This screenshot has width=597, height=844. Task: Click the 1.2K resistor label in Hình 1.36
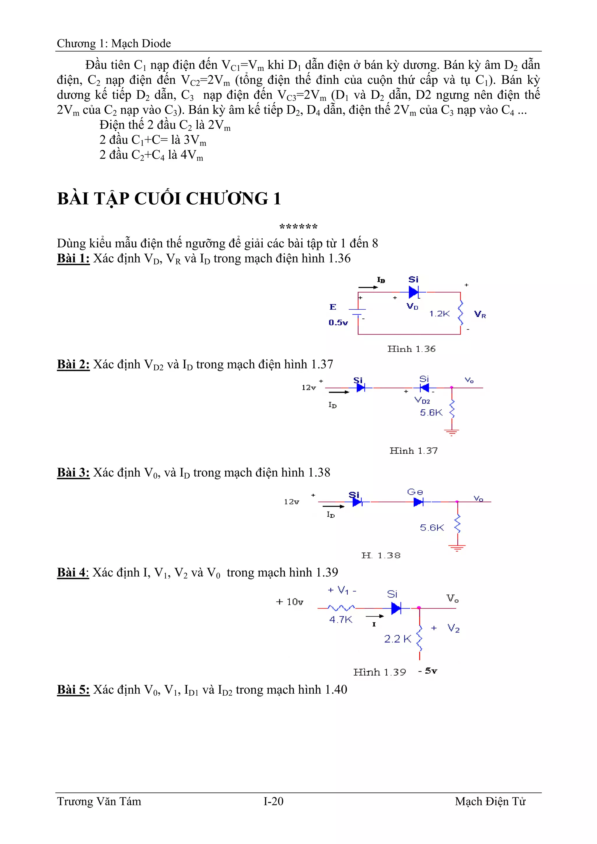439,313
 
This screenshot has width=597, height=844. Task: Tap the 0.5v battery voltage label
338,323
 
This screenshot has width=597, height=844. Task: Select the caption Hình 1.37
413,451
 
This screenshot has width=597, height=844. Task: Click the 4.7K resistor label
340,619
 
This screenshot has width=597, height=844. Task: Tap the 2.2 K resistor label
397,639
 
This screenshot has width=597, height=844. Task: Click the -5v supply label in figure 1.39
428,671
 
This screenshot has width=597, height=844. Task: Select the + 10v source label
290,602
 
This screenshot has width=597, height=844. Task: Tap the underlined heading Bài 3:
73,472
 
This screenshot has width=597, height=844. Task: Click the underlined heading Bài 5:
73,690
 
